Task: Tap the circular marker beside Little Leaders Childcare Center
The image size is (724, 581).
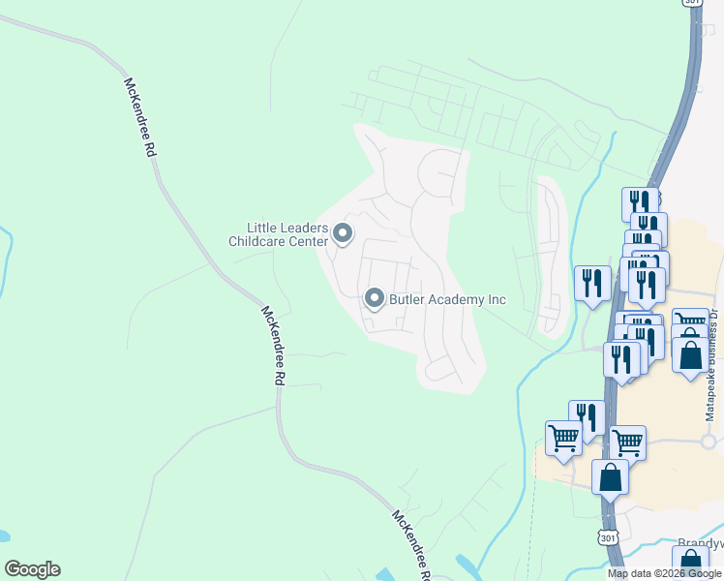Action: pyautogui.click(x=343, y=233)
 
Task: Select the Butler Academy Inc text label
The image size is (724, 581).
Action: pyautogui.click(x=447, y=299)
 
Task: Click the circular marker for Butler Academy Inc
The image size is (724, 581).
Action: pyautogui.click(x=375, y=299)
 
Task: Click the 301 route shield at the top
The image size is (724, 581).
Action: pyautogui.click(x=691, y=3)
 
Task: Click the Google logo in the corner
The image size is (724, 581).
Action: pyautogui.click(x=32, y=569)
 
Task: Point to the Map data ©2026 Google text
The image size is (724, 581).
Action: pyautogui.click(x=664, y=573)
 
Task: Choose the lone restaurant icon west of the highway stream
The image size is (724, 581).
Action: pyautogui.click(x=592, y=284)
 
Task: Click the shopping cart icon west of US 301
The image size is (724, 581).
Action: pyautogui.click(x=563, y=438)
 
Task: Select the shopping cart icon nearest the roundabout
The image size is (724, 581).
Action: pyautogui.click(x=627, y=442)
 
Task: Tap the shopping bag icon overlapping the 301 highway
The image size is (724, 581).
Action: pyautogui.click(x=611, y=477)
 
